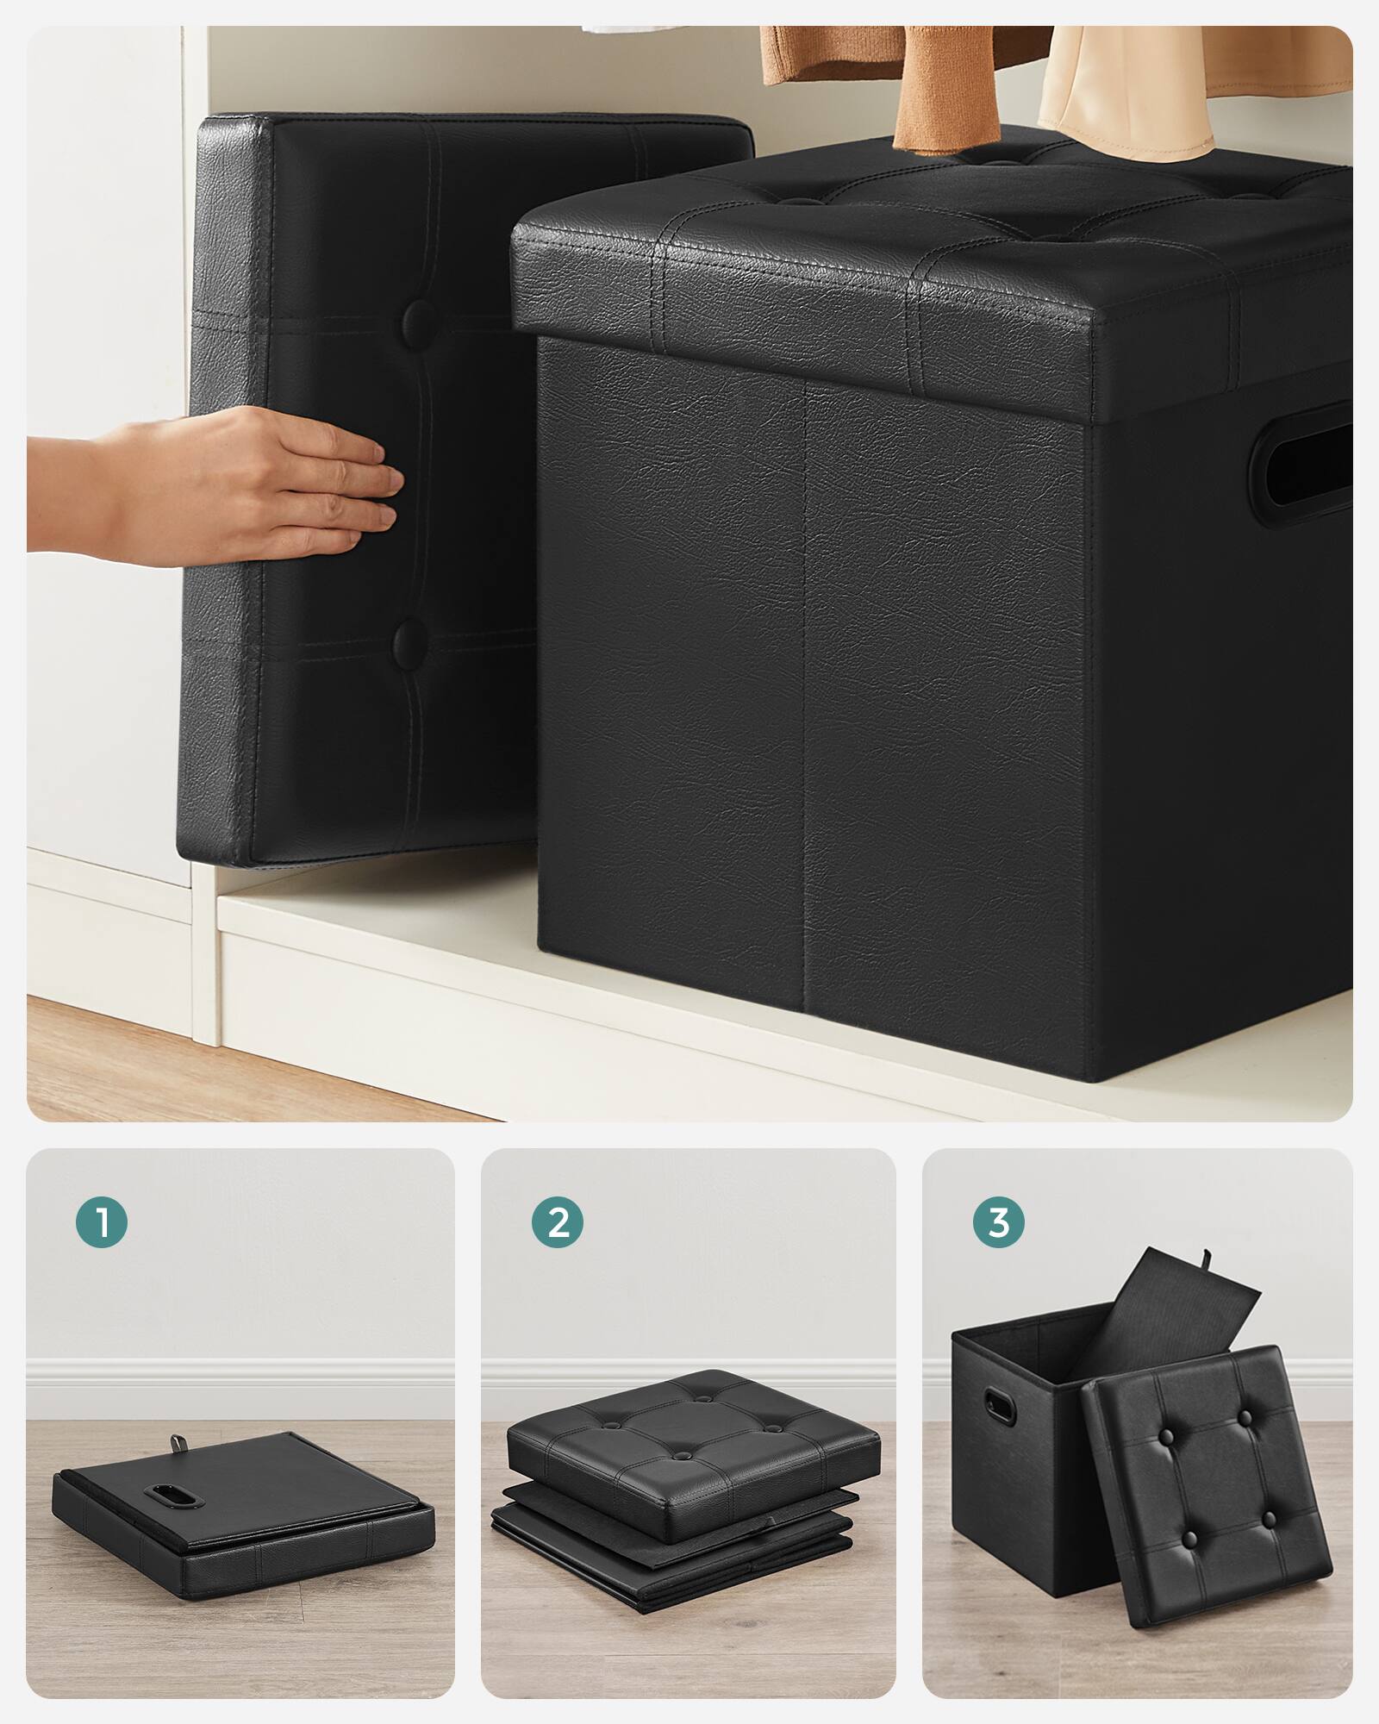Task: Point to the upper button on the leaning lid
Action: coord(419,318)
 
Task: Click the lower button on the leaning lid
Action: coord(411,639)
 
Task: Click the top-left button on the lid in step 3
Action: coord(1166,1436)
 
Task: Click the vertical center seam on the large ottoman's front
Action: coord(805,690)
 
